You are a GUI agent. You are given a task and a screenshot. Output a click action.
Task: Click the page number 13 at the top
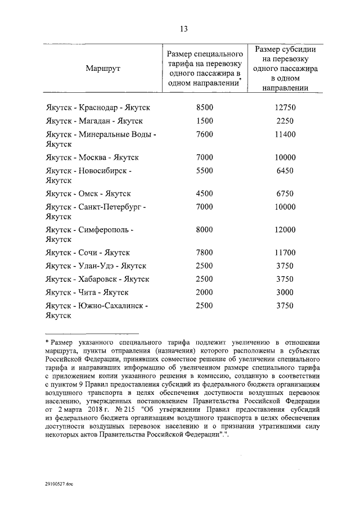pyautogui.click(x=184, y=29)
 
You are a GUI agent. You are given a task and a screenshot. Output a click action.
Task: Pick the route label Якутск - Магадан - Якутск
pyautogui.click(x=94, y=120)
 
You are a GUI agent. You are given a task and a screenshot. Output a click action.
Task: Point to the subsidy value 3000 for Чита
pyautogui.click(x=285, y=292)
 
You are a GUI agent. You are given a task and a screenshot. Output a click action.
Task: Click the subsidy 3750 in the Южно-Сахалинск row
pyautogui.click(x=285, y=306)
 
